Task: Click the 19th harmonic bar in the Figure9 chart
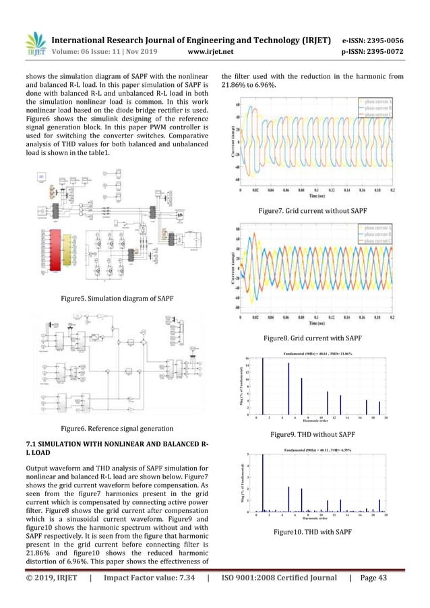click(x=379, y=408)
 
